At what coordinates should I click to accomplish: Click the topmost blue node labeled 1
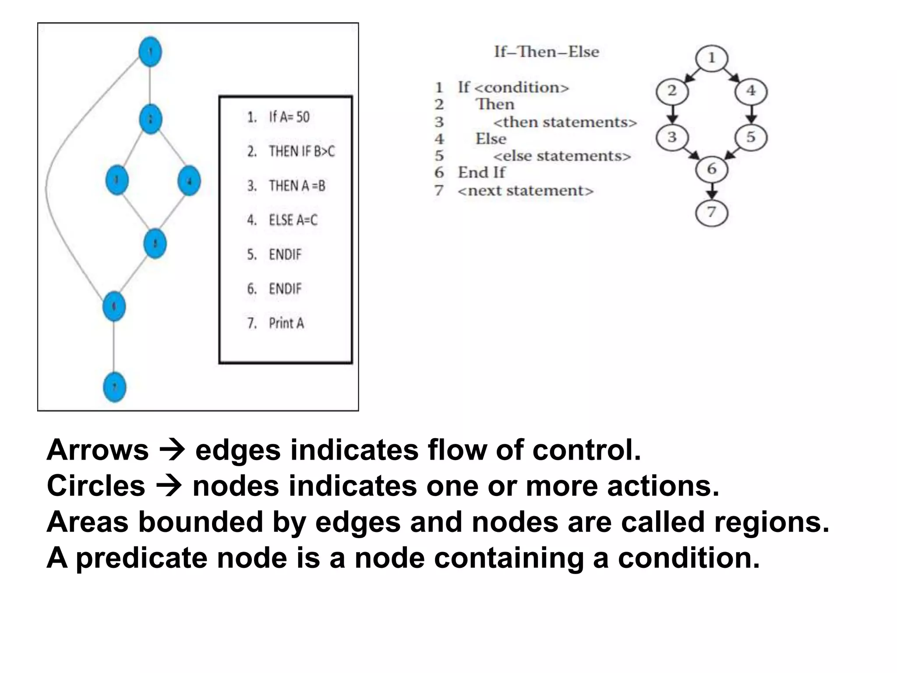point(150,52)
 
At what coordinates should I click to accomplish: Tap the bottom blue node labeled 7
point(114,387)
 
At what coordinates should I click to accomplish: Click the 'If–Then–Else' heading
point(546,52)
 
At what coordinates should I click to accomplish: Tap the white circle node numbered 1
point(712,58)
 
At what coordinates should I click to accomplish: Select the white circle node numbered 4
point(751,91)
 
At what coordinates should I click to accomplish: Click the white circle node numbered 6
point(712,169)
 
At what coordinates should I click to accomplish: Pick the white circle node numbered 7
point(712,213)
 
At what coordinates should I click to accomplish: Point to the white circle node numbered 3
point(672,138)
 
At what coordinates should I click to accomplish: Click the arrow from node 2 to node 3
point(672,114)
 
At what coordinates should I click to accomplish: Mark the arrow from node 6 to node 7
point(712,191)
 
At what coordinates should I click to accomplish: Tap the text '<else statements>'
point(562,156)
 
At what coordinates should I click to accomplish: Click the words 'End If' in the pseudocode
point(481,173)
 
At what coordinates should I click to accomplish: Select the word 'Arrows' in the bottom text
point(98,450)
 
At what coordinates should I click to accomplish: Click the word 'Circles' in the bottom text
point(96,486)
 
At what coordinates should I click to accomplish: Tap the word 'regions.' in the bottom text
point(771,522)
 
